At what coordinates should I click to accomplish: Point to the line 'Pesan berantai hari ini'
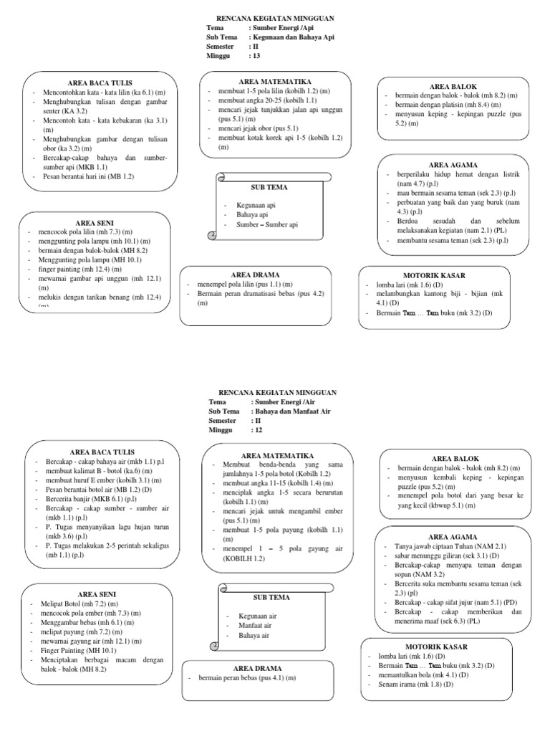click(89, 176)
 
